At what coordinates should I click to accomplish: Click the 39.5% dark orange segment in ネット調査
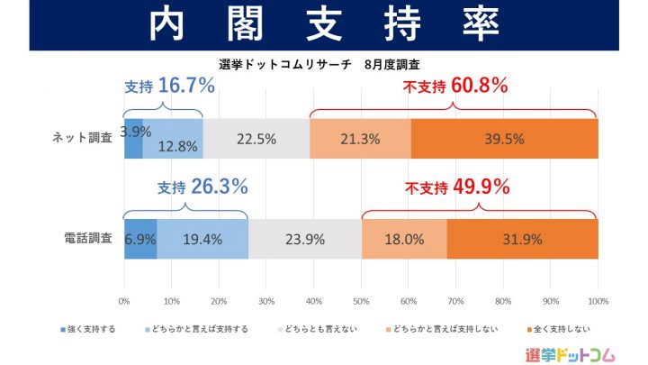pos(504,138)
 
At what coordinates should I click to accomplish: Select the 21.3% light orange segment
pos(360,138)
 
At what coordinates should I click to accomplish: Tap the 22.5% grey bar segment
pos(256,138)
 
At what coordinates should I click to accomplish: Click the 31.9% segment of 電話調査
pos(522,239)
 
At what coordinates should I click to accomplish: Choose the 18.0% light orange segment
pos(404,239)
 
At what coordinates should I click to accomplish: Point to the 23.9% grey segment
pos(305,239)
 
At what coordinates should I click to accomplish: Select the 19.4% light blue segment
pos(202,239)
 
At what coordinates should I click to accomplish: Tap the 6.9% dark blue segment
pos(140,239)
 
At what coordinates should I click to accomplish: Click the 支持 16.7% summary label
pos(169,87)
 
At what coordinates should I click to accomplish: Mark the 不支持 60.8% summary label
pos(455,87)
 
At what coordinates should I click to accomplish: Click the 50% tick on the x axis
pos(361,300)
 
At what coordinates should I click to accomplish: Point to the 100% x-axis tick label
pos(598,300)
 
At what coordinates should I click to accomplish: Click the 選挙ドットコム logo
pos(569,351)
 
